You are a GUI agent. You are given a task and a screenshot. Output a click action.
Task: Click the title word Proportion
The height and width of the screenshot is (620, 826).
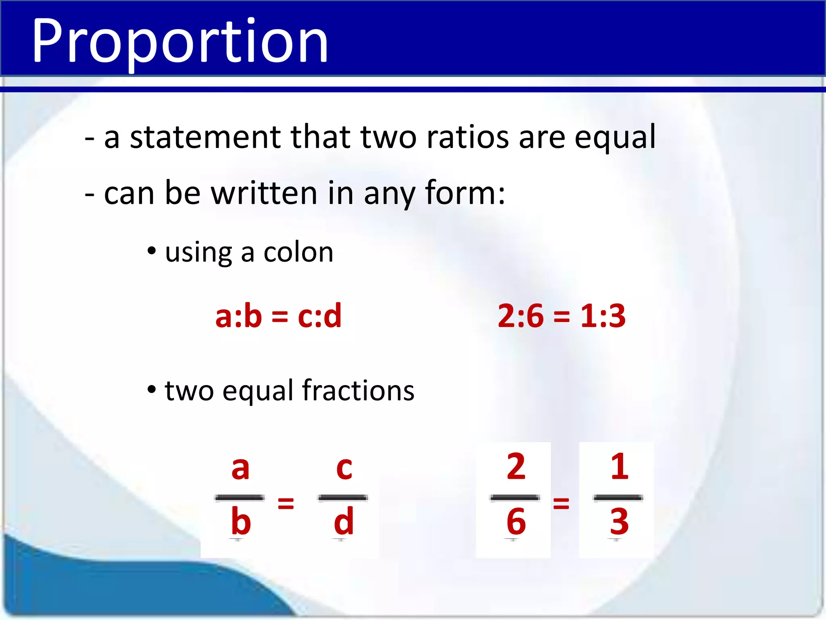coord(179,41)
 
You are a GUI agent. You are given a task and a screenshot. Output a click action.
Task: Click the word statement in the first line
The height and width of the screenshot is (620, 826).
coord(205,137)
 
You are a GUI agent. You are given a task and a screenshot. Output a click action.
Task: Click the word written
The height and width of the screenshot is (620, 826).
coord(264,193)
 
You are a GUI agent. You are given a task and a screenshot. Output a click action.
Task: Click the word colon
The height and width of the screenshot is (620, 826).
coord(298,253)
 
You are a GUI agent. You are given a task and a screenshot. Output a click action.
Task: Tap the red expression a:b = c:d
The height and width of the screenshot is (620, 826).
coord(278,316)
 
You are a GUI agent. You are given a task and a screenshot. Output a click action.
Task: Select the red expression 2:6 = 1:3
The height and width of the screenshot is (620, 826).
coord(561,316)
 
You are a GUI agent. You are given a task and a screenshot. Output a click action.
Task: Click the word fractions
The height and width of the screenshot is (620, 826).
coord(358,391)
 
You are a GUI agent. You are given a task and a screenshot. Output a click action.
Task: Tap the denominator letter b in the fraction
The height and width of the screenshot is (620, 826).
coord(241,522)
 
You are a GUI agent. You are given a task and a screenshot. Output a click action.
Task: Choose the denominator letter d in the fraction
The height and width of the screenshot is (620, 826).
coord(344,522)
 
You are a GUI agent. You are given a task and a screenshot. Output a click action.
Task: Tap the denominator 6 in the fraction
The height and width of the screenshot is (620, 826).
coord(516,522)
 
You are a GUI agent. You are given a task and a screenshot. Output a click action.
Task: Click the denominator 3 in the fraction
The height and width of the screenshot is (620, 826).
coord(619,522)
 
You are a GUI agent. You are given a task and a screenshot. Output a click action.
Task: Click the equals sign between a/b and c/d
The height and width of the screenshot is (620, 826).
coord(286,503)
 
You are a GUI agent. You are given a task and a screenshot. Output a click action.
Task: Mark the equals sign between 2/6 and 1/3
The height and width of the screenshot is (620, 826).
coord(561,503)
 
